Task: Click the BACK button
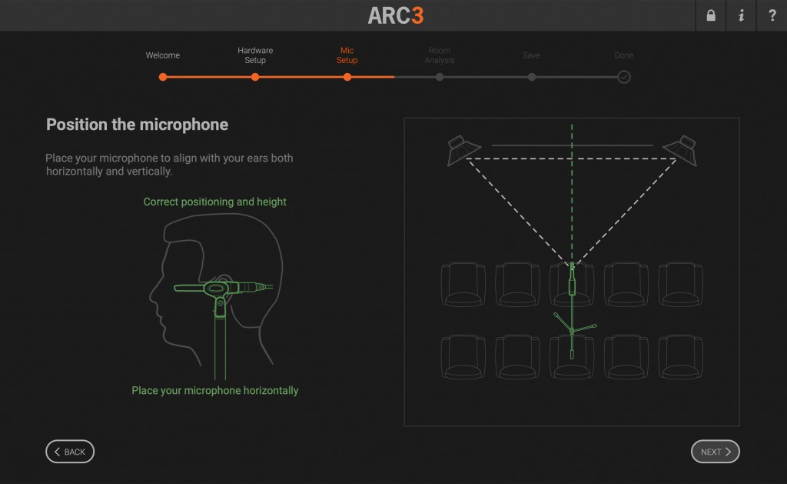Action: (x=70, y=452)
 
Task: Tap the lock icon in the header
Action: (x=711, y=15)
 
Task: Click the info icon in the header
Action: (x=742, y=15)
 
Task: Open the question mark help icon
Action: (x=772, y=15)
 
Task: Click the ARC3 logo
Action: (x=396, y=15)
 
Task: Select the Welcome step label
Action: (x=163, y=55)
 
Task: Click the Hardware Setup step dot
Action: (x=255, y=77)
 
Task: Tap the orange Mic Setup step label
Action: (x=347, y=55)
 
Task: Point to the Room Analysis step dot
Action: (x=440, y=77)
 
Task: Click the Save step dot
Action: (x=532, y=77)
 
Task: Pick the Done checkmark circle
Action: (x=624, y=77)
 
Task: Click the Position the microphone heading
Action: (x=137, y=125)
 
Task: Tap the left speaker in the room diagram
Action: (x=462, y=150)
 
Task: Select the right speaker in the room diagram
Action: (x=681, y=150)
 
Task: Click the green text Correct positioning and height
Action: (x=215, y=202)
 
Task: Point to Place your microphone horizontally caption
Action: (x=215, y=391)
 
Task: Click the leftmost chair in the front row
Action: (x=463, y=284)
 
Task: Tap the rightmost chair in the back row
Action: (x=680, y=357)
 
